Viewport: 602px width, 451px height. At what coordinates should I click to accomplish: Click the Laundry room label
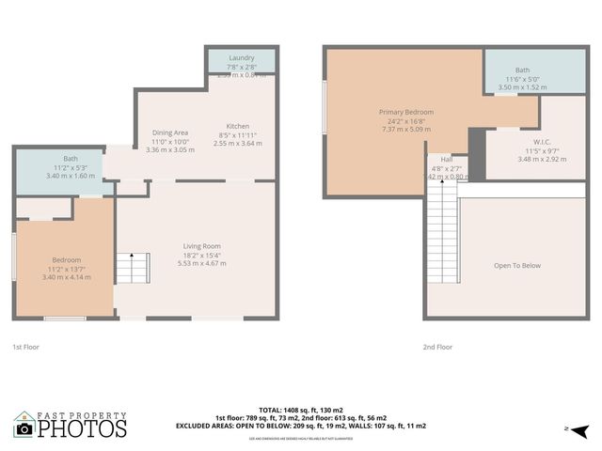[x=242, y=58]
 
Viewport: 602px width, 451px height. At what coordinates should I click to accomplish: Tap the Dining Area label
[x=170, y=132]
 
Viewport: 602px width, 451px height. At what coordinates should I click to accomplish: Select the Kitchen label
[x=237, y=126]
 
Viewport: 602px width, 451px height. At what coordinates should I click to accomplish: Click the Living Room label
[x=201, y=246]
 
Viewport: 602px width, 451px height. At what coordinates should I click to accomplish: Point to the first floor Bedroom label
[x=66, y=260]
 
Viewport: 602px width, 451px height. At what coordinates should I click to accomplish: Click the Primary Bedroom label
[x=405, y=112]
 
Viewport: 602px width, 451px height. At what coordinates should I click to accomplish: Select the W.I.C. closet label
[x=528, y=142]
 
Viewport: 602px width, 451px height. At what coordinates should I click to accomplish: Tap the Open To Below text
[x=517, y=265]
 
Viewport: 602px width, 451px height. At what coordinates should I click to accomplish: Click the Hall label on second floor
[x=446, y=159]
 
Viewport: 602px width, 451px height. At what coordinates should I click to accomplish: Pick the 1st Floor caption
[x=26, y=347]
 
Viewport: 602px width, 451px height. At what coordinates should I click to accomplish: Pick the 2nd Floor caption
[x=437, y=347]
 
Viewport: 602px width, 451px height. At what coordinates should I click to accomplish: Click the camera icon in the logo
[x=25, y=428]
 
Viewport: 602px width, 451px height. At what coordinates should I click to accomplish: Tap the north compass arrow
[x=582, y=430]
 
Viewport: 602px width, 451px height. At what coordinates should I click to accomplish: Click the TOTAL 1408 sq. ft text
[x=301, y=410]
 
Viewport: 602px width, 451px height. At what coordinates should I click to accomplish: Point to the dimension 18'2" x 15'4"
[x=201, y=255]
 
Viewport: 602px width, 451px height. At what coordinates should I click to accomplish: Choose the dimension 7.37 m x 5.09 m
[x=405, y=130]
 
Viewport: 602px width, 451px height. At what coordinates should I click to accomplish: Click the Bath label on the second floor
[x=522, y=70]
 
